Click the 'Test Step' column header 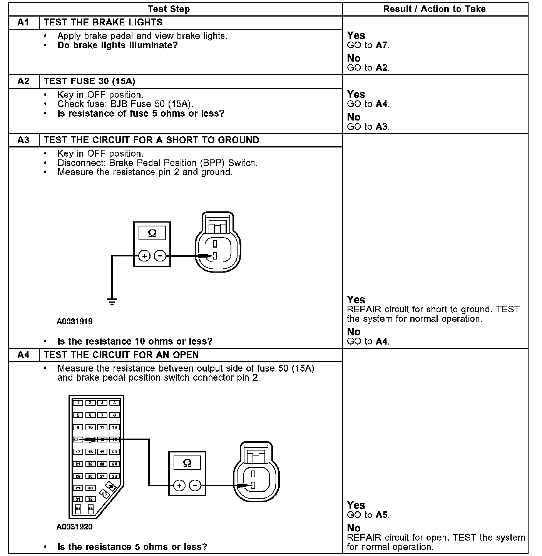pos(169,9)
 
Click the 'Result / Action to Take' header pos(434,9)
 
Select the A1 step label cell pos(23,22)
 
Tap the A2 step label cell pos(23,81)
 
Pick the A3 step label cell pos(23,140)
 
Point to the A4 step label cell pos(23,355)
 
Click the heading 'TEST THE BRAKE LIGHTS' pos(103,22)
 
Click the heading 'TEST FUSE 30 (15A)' pos(90,81)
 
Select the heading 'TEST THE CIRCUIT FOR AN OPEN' pos(121,355)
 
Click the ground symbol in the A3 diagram pos(112,301)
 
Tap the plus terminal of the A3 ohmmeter pos(144,256)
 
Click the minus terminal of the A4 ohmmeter pos(195,486)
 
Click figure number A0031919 pos(74,321)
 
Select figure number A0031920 pos(74,527)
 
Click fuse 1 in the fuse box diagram pos(78,403)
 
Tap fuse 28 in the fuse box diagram pos(114,476)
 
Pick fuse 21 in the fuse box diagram pos(78,464)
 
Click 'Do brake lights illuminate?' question pos(117,45)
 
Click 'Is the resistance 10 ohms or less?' pos(135,342)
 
